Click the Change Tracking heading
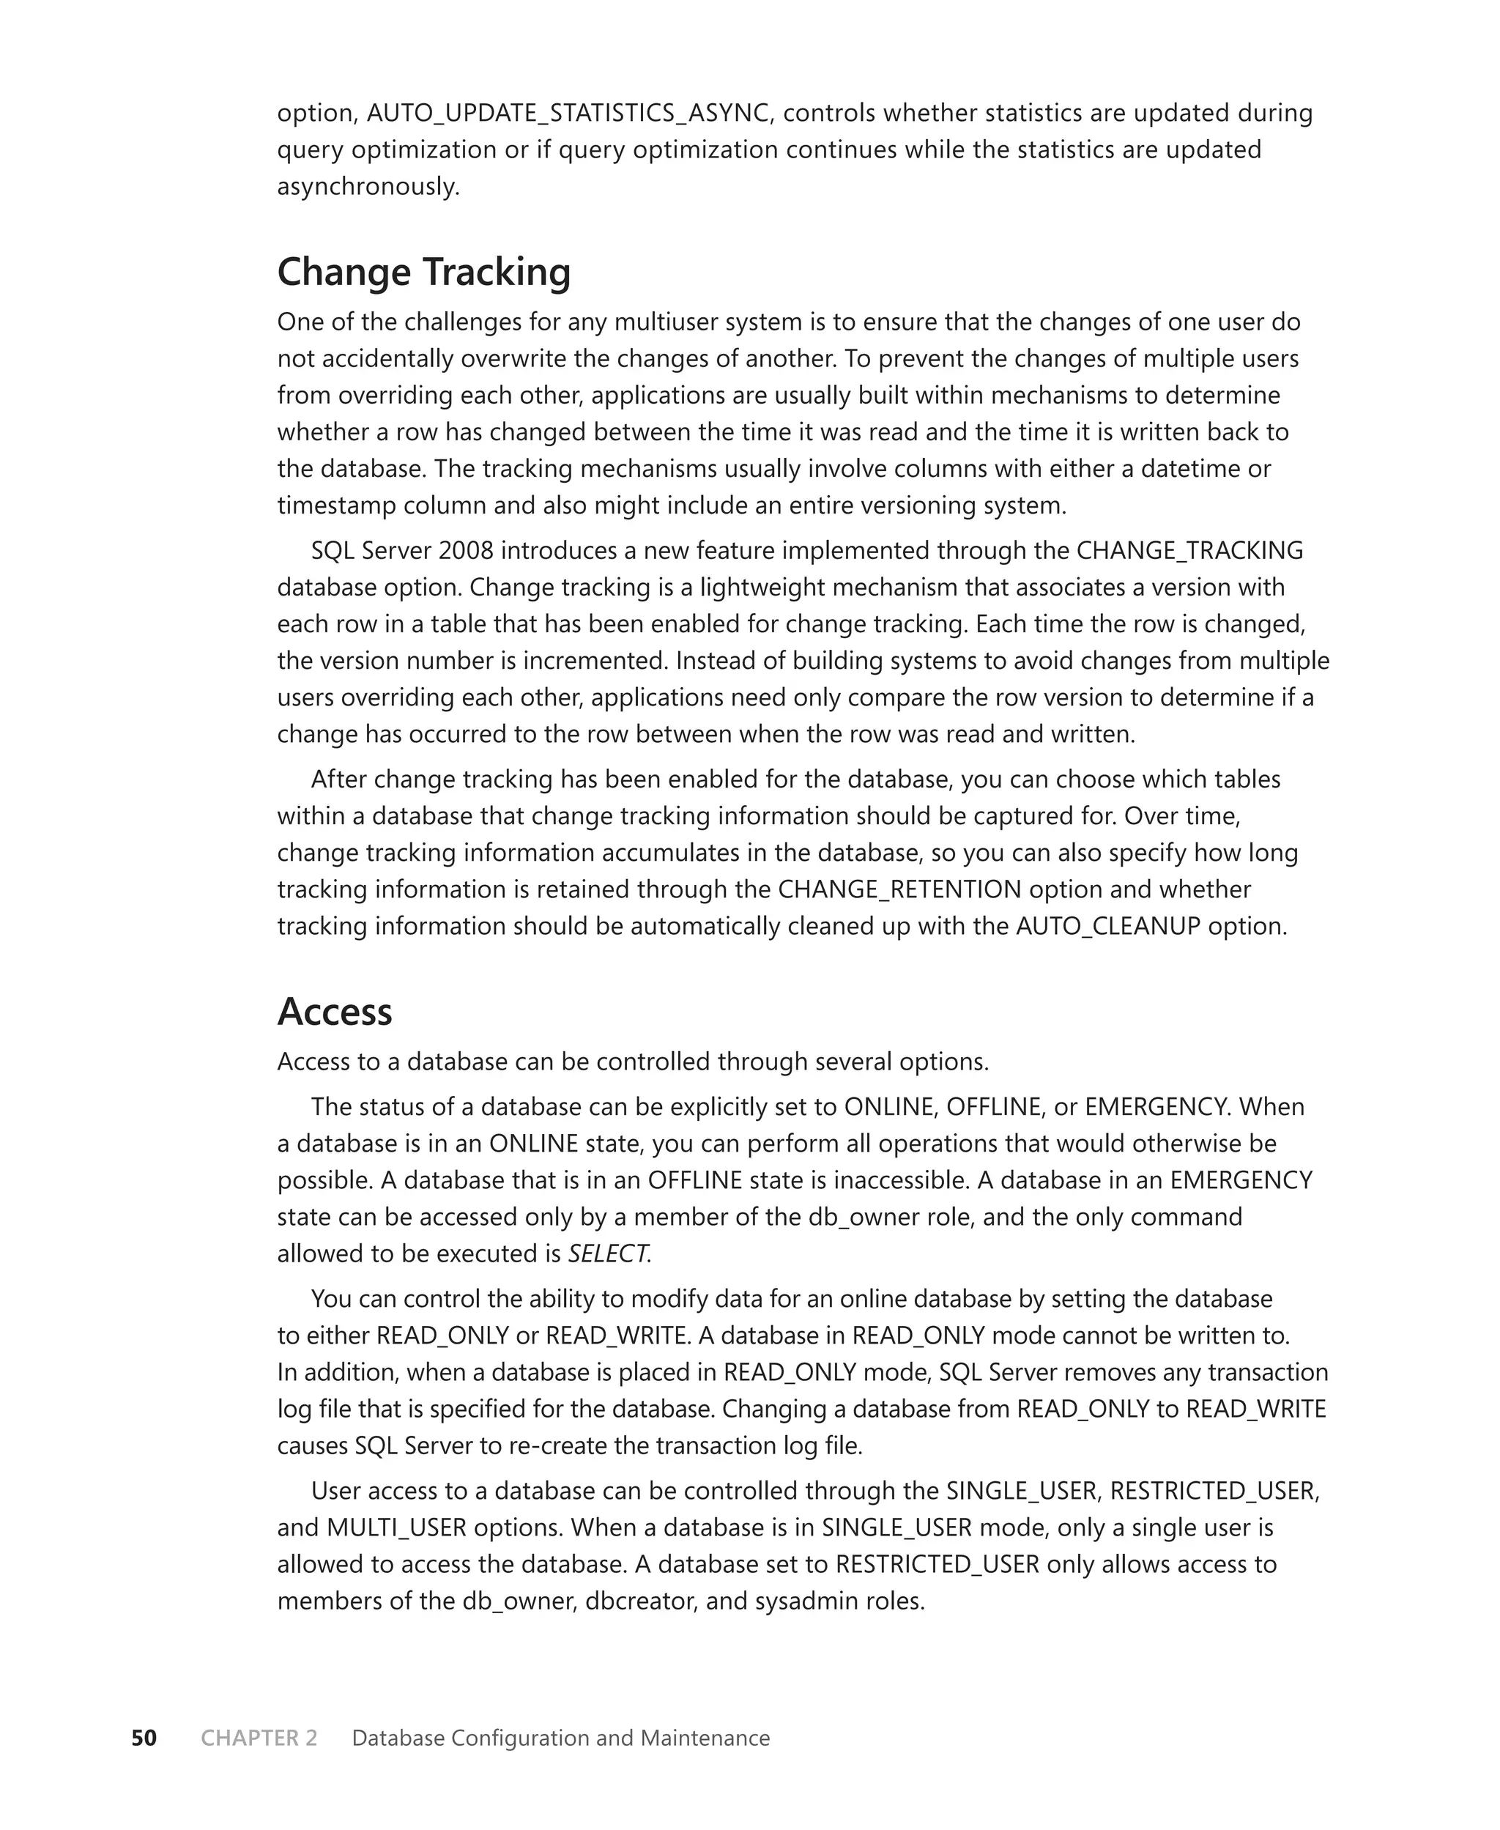click(423, 273)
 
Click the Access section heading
click(335, 1012)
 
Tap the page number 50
click(144, 1738)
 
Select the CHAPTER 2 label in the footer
click(259, 1738)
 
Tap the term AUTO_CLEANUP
click(1107, 926)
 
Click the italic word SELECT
click(607, 1253)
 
